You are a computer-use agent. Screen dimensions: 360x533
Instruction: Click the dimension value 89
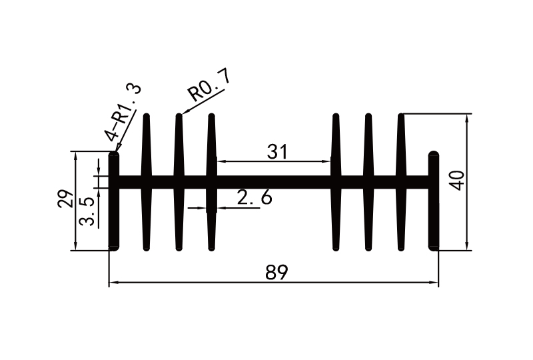click(x=274, y=273)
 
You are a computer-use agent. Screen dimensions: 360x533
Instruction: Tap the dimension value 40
click(x=456, y=181)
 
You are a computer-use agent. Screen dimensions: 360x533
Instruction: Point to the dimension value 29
click(x=65, y=199)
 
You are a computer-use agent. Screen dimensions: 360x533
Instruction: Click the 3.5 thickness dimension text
click(x=87, y=211)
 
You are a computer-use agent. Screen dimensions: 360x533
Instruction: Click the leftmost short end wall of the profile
click(x=114, y=200)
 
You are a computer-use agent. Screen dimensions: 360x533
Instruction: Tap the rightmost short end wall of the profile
click(x=434, y=200)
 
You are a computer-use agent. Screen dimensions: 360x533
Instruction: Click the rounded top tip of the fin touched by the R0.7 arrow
click(x=179, y=117)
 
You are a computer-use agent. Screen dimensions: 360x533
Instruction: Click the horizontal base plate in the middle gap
click(x=273, y=181)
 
